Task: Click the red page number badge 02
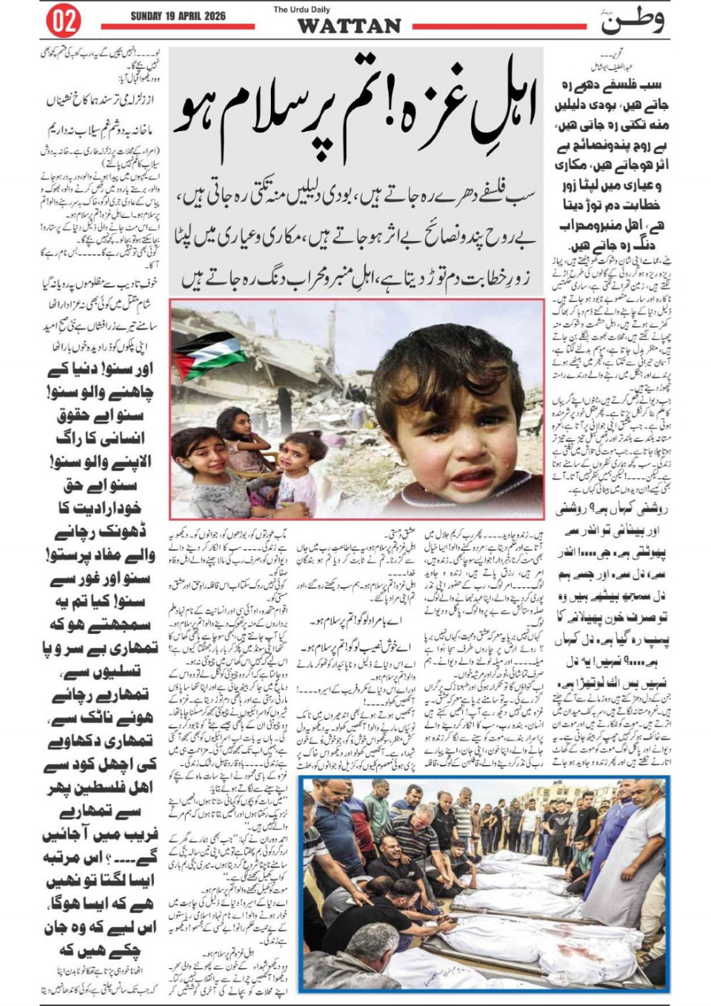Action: [x=64, y=21]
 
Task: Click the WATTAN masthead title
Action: [x=348, y=27]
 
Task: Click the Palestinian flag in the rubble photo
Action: [x=207, y=354]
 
